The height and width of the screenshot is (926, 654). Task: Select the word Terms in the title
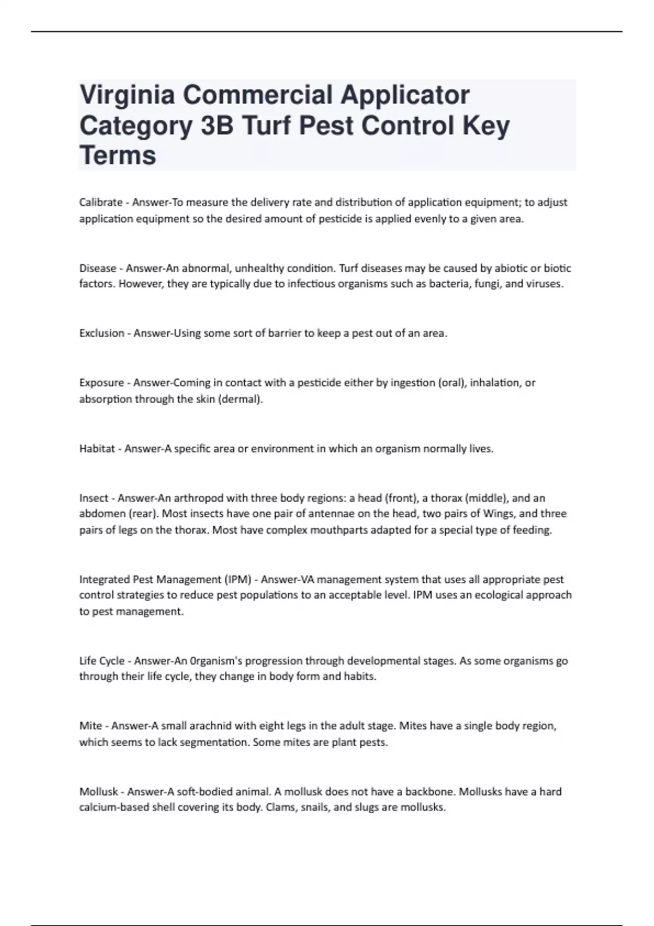click(x=118, y=155)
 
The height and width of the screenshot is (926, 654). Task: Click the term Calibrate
click(x=101, y=203)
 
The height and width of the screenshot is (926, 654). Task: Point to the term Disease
click(x=98, y=268)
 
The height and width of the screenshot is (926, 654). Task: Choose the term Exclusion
click(x=102, y=333)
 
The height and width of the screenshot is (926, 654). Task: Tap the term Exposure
click(x=101, y=383)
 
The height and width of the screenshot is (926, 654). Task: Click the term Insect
click(x=94, y=498)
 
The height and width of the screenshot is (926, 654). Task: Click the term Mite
click(x=90, y=726)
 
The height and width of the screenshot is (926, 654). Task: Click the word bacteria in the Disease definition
click(x=450, y=284)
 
